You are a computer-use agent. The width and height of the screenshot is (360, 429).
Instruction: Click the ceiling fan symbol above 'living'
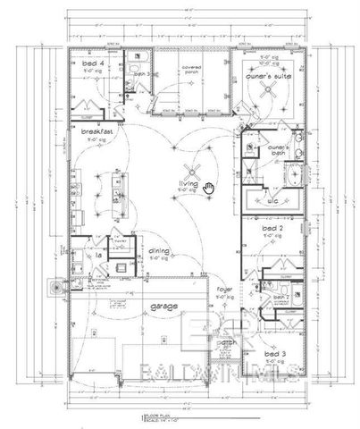pos(189,172)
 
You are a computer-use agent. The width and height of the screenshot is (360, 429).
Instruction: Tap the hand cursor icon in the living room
pos(209,186)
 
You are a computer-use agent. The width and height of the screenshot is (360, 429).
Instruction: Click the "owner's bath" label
pos(256,149)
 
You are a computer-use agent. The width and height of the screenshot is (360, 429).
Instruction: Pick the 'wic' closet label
pos(272,202)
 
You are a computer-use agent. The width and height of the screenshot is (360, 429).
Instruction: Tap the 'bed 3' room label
pos(275,354)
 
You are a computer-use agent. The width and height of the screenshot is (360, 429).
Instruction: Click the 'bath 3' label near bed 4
pos(140,72)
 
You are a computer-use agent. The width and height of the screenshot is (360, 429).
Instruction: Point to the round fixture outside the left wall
pos(59,288)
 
